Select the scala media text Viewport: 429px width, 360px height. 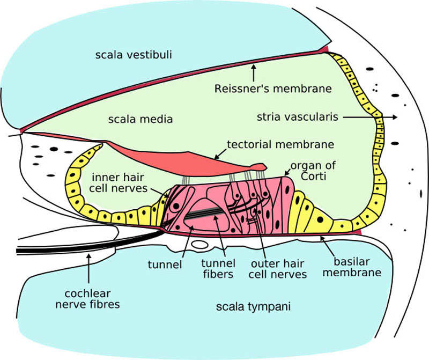(x=140, y=119)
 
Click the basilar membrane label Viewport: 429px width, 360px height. (x=357, y=267)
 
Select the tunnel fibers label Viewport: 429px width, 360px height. (x=217, y=269)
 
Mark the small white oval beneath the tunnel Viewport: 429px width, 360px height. (x=199, y=245)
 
